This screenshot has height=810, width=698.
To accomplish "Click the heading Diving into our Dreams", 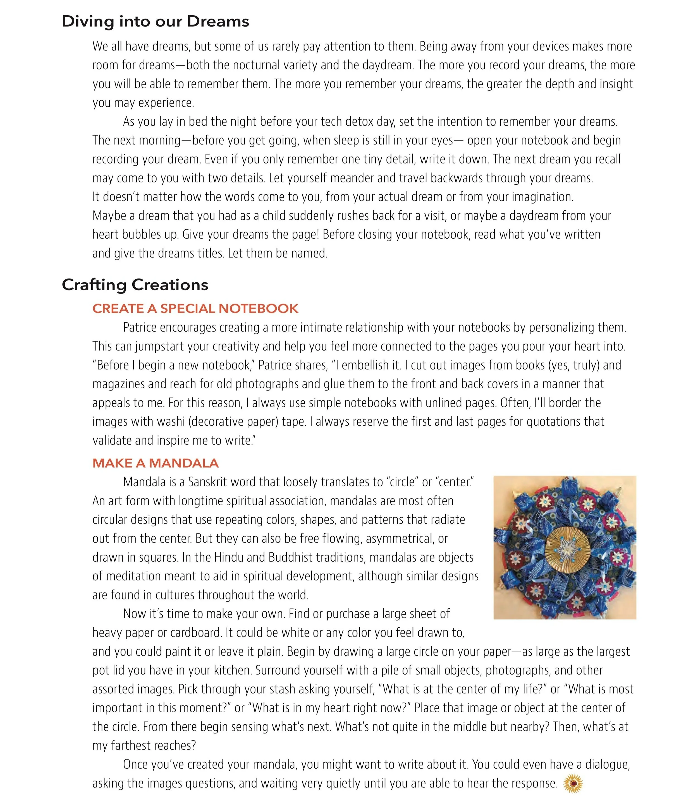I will coord(155,22).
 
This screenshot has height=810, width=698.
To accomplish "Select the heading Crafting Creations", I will coord(135,285).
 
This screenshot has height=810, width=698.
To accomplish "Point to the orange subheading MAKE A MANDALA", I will coord(155,463).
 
